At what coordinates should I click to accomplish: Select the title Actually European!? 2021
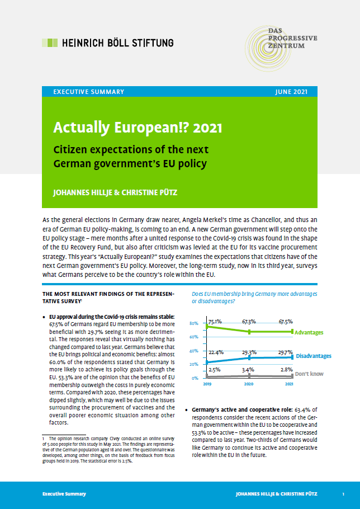pyautogui.click(x=137, y=128)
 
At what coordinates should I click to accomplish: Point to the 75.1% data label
pyautogui.click(x=216, y=321)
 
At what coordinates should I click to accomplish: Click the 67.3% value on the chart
pyautogui.click(x=249, y=321)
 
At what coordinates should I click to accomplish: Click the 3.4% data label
pyautogui.click(x=249, y=370)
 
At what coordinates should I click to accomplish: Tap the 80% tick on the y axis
pyautogui.click(x=194, y=324)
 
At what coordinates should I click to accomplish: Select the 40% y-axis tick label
pyautogui.click(x=194, y=351)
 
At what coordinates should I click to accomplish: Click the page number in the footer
pyautogui.click(x=343, y=494)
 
